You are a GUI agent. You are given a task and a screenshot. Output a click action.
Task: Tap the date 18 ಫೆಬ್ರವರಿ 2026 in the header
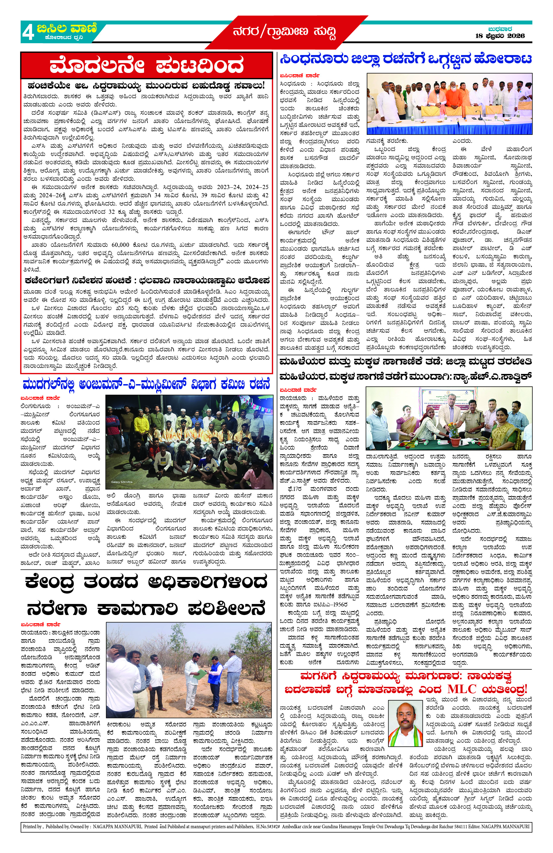[x=500, y=36]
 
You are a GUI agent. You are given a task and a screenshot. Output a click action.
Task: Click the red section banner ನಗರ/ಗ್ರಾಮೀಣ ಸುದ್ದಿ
[x=284, y=32]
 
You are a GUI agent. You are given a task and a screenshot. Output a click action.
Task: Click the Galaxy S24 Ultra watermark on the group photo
[x=121, y=482]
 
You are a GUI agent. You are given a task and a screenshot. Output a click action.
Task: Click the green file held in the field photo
[x=202, y=674]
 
